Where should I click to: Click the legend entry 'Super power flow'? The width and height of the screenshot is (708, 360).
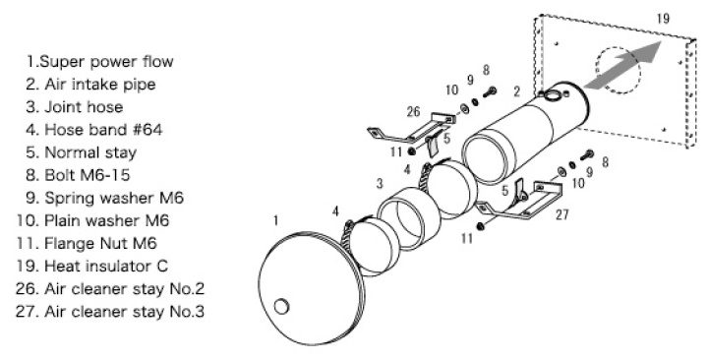tap(99, 61)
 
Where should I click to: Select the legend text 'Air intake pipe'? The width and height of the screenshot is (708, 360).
tap(90, 85)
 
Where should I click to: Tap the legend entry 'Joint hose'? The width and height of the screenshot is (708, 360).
tap(75, 107)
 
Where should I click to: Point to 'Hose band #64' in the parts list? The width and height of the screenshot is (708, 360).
tap(94, 130)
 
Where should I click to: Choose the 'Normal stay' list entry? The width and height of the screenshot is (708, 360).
tap(82, 152)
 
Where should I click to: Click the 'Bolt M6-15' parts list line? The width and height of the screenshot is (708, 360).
tap(78, 175)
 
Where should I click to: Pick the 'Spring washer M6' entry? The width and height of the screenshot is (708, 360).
tap(105, 198)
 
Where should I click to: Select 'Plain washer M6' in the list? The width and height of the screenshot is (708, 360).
tap(92, 221)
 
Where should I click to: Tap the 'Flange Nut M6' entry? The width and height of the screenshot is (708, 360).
tap(87, 244)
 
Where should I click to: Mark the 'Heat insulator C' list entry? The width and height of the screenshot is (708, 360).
tap(91, 266)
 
